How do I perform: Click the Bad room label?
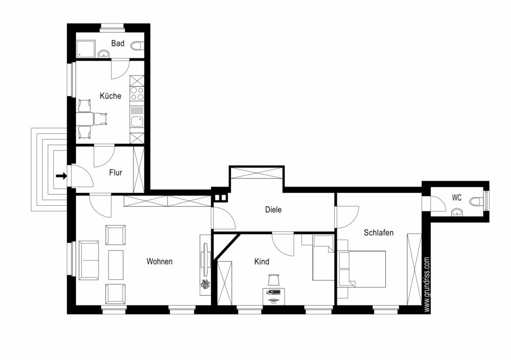point(118,43)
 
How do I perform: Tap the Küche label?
point(110,96)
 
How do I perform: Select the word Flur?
point(115,173)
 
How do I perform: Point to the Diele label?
point(273,209)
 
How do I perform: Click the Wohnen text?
point(159,261)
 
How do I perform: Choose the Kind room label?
point(262,261)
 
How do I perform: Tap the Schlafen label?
point(379,233)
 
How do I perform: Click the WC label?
point(456,198)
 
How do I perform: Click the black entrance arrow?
point(61,176)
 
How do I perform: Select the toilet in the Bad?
point(137,45)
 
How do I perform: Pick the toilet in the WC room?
point(476,201)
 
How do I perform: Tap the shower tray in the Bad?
point(86,49)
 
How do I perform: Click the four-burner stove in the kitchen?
point(137,93)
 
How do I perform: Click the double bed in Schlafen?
point(362,269)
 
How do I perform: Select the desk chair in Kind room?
point(274,280)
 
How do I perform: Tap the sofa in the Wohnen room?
point(88,260)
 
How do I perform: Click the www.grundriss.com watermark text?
point(427,285)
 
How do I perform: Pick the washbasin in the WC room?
point(457,213)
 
